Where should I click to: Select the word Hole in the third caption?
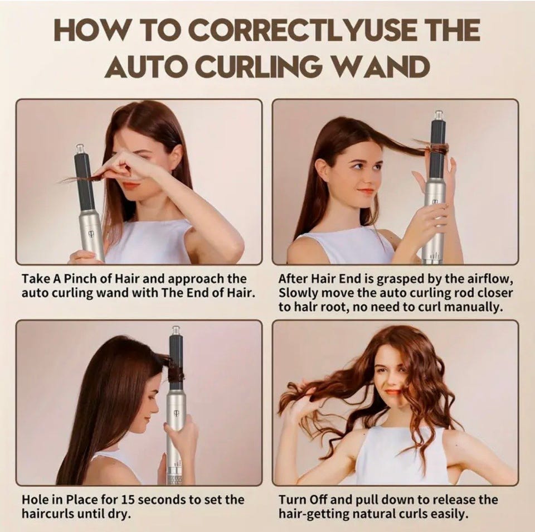click(x=35, y=500)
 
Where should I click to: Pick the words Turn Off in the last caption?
click(x=303, y=500)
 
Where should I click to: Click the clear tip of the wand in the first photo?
click(x=80, y=149)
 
